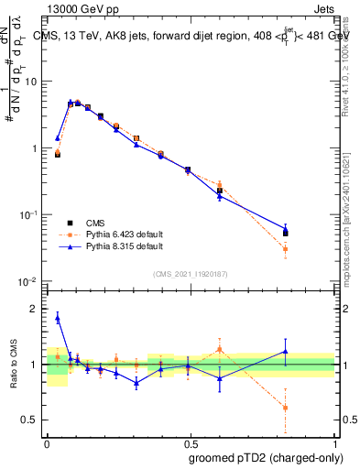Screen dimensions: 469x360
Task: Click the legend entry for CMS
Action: [95, 223]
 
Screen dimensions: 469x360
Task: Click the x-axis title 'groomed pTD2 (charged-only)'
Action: [265, 458]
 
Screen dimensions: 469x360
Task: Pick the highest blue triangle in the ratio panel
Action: [58, 318]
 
